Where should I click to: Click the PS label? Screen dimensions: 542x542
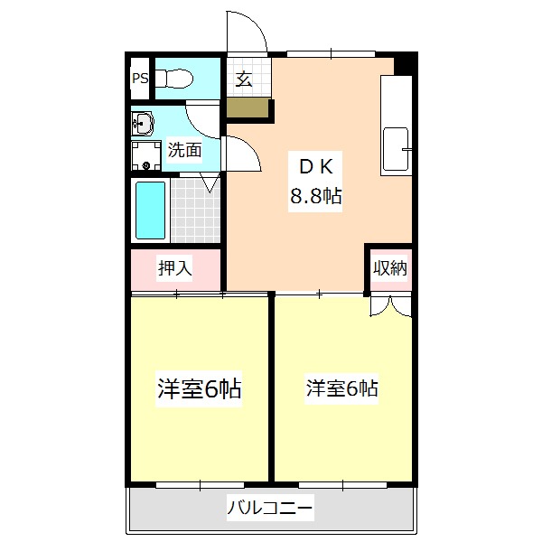(140, 79)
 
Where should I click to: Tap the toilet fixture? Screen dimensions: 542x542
(173, 79)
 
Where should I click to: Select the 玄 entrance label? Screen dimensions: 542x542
(244, 79)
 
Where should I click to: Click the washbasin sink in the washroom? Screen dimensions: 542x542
(143, 124)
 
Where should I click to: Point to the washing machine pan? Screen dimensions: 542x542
(146, 155)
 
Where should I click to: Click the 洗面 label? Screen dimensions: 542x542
(184, 150)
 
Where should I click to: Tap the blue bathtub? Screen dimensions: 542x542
(150, 210)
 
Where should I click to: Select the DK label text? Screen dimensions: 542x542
(315, 167)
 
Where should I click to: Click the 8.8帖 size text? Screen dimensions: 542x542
(315, 196)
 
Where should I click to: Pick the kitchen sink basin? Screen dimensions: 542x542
(396, 149)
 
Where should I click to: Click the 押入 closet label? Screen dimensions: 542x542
(175, 268)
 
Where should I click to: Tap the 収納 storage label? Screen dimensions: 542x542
(390, 267)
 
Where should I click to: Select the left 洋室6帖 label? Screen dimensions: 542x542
(199, 388)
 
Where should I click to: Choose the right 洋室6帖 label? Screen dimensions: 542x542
(341, 388)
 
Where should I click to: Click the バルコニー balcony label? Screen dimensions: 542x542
(270, 508)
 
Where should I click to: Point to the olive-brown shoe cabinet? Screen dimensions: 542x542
(248, 107)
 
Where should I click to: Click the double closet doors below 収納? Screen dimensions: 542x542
(390, 306)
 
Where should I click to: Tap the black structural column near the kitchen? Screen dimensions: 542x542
(406, 63)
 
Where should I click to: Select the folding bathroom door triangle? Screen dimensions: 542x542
(210, 182)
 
